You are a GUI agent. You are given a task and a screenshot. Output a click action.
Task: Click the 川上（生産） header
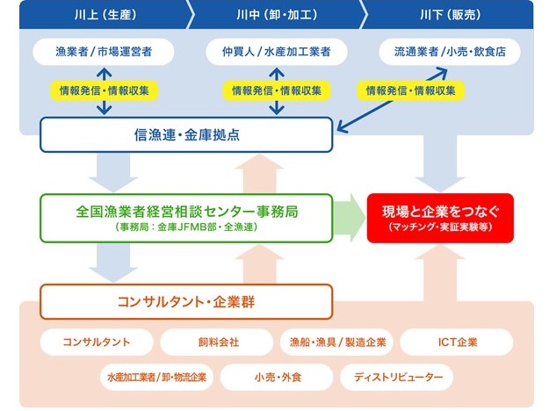pyautogui.click(x=103, y=15)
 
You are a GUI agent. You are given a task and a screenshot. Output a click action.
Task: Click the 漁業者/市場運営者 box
pyautogui.click(x=104, y=53)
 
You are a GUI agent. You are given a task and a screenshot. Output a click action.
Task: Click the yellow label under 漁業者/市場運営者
pyautogui.click(x=104, y=90)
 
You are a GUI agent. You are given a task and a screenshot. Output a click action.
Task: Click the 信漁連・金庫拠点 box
pyautogui.click(x=186, y=135)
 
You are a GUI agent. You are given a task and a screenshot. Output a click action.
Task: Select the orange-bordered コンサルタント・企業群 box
pyautogui.click(x=186, y=302)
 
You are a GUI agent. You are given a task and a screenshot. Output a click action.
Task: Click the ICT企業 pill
pyautogui.click(x=456, y=342)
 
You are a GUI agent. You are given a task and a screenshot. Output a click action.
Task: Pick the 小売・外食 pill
pyautogui.click(x=277, y=378)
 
